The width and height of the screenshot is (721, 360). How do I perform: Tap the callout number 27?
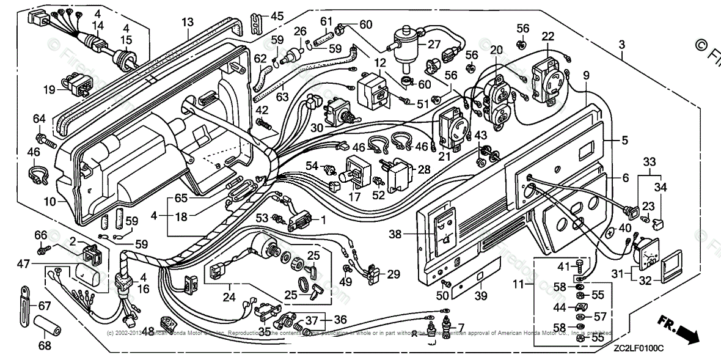coord(434,44)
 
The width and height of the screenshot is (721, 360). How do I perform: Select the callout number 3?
coord(621,45)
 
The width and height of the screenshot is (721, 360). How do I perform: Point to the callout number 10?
coord(49,202)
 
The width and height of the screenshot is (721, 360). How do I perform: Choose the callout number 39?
coord(481,296)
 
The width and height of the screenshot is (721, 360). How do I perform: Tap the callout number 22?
coord(547,36)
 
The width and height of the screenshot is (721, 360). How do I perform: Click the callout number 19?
coord(49,89)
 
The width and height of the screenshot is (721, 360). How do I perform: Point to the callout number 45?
coord(277,17)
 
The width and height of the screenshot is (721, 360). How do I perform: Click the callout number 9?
coord(586,75)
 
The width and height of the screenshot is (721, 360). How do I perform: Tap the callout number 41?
coord(562,266)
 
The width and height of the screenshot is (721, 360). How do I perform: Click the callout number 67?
coord(45,306)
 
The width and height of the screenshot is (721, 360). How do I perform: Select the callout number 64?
coord(39,118)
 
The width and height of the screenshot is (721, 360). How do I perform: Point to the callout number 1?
coord(323,219)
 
